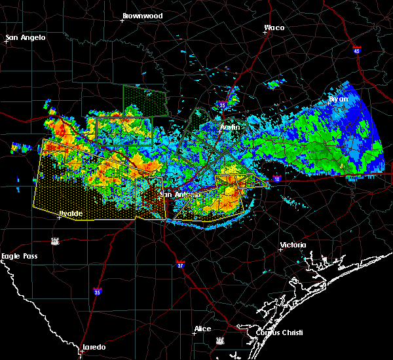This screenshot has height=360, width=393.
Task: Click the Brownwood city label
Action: tap(142, 14)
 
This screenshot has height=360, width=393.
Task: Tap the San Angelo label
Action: tap(26, 37)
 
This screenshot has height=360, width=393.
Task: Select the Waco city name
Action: tap(274, 27)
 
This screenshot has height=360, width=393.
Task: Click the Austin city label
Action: tap(230, 127)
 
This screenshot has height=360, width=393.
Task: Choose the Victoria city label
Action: tap(293, 245)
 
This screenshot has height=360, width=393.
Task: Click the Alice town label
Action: tap(202, 329)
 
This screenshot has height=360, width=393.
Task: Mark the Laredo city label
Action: tap(94, 347)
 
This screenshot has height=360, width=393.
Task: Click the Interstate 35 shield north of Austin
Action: tap(223, 104)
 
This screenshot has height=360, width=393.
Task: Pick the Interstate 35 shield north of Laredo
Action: tap(98, 292)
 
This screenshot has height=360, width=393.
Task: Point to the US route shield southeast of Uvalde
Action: tap(55, 242)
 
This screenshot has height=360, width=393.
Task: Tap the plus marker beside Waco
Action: tap(265, 34)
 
